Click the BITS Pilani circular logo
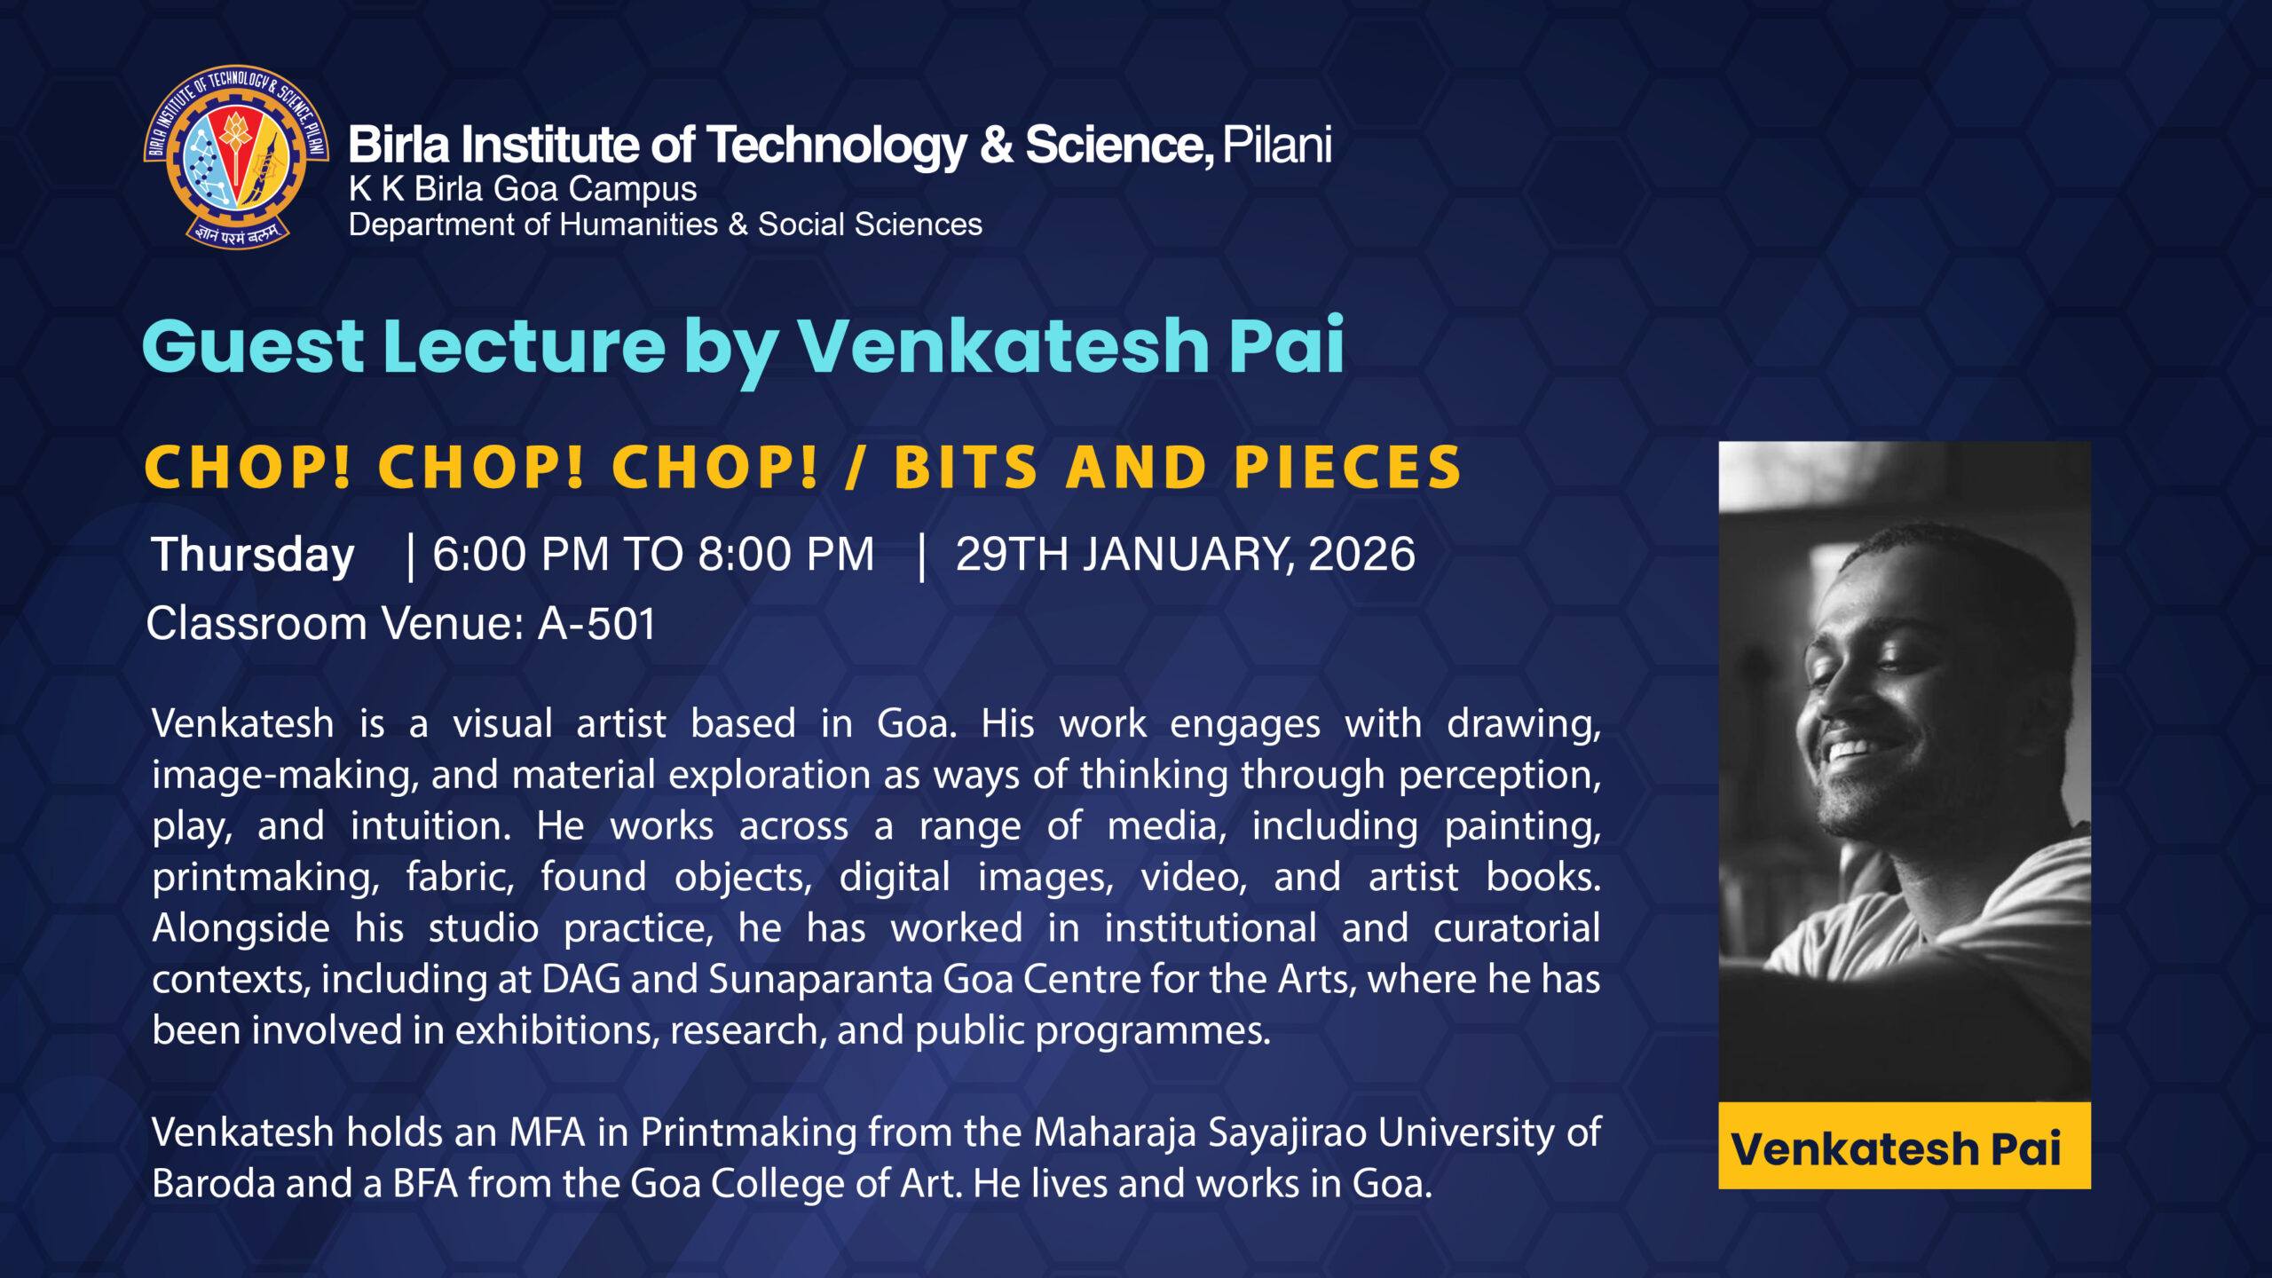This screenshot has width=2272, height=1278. point(236,157)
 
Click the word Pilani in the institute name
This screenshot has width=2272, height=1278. point(1277,146)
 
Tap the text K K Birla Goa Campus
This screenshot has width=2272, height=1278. point(523,189)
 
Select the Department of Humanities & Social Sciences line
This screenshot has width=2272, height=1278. point(666,225)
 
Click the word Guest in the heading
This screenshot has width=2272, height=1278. point(253,346)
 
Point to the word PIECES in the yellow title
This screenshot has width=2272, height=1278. point(1347,468)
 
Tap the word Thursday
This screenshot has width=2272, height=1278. point(253,556)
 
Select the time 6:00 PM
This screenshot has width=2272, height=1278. point(521,555)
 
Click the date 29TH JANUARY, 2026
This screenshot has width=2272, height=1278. point(1186,555)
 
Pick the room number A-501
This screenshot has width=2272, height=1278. point(597,624)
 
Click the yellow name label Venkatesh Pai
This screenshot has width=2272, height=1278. point(1905,1146)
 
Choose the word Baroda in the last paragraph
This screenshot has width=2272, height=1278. point(214,1184)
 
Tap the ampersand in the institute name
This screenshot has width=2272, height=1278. point(996,146)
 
